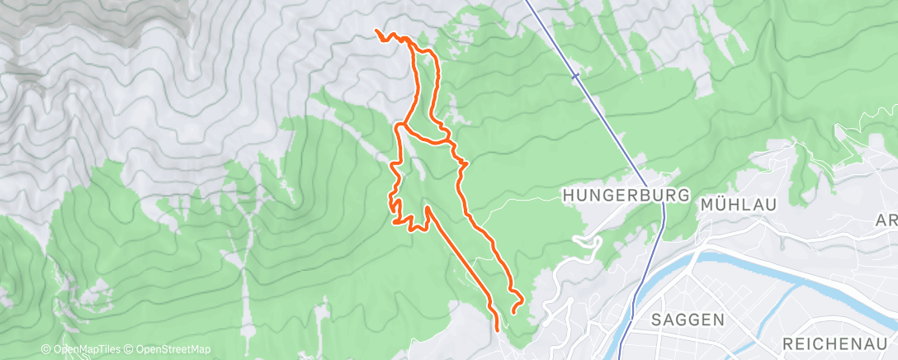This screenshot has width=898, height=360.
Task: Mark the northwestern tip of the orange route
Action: [x=377, y=31]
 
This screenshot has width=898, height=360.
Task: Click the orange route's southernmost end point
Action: [x=498, y=329]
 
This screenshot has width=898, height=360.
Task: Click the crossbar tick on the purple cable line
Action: [x=576, y=76]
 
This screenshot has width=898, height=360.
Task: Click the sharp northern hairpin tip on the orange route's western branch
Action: [x=428, y=209]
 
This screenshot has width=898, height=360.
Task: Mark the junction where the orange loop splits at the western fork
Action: [x=400, y=126]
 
